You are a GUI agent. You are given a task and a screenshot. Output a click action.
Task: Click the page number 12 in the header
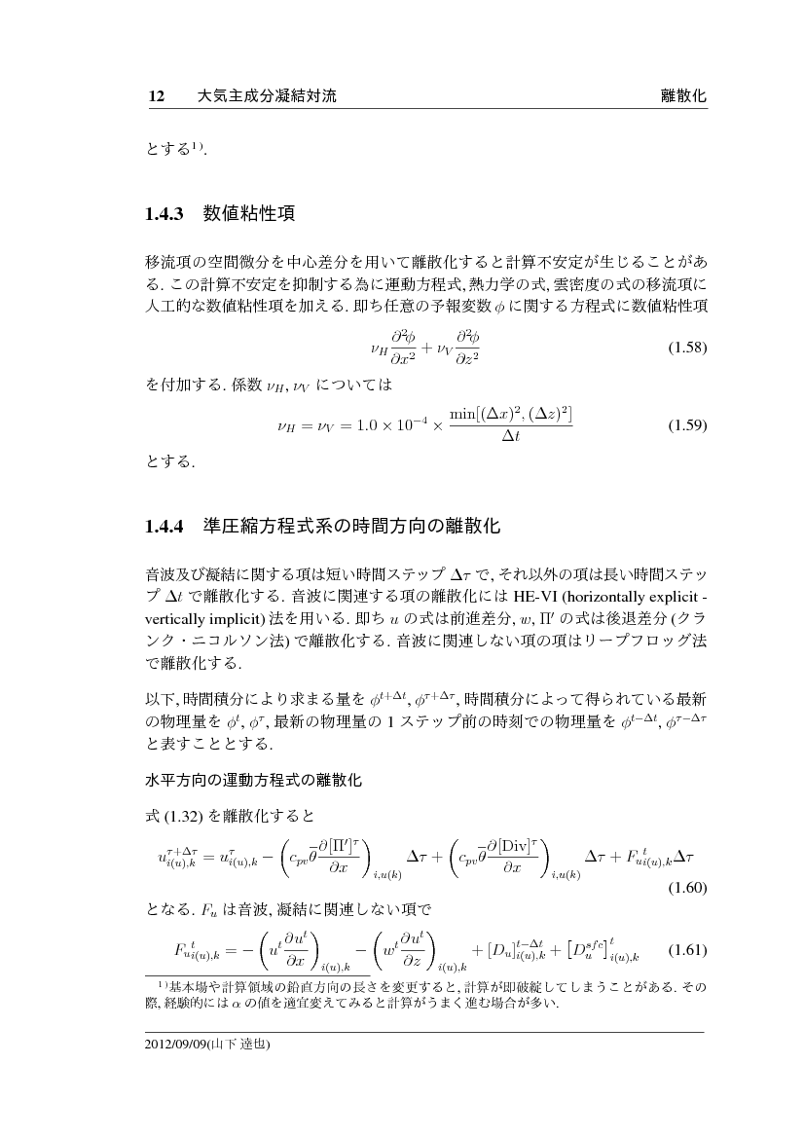pos(154,96)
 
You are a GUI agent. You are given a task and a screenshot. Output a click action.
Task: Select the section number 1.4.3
pos(164,213)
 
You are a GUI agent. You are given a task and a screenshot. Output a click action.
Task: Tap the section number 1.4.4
pos(164,528)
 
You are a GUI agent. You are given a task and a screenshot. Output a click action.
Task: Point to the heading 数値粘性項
pos(248,212)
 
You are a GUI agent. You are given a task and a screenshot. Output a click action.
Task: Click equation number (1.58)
pos(686,348)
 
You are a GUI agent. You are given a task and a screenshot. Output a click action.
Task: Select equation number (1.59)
pos(686,426)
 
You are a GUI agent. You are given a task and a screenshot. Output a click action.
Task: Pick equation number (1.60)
pos(686,887)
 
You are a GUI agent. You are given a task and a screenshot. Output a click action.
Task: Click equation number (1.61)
pos(686,950)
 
